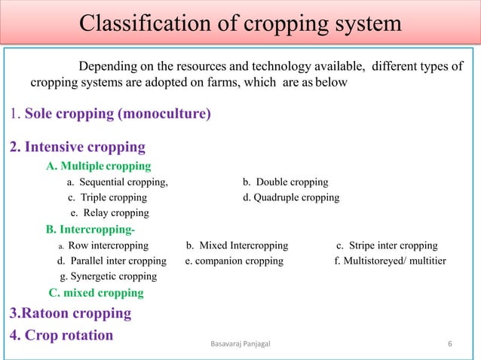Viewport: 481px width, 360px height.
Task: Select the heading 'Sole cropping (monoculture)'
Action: tap(118, 115)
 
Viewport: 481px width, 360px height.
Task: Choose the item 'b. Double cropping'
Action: tap(285, 182)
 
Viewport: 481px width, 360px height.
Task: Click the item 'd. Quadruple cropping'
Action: tap(291, 197)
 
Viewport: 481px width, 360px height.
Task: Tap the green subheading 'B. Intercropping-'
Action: tap(91, 229)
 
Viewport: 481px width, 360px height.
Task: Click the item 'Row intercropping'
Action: tap(108, 246)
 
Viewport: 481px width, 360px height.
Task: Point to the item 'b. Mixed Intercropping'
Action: tap(237, 246)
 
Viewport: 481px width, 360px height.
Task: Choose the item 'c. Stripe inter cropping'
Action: tap(387, 246)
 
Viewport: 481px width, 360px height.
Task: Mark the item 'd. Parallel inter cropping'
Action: tap(112, 261)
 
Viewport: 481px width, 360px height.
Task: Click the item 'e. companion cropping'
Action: tap(234, 261)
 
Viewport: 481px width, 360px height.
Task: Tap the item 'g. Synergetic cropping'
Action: tap(108, 276)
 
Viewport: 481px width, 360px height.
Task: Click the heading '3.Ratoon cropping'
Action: tap(70, 313)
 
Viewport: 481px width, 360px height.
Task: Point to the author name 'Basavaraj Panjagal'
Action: tap(242, 344)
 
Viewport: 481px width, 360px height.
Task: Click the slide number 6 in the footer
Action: tap(449, 344)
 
